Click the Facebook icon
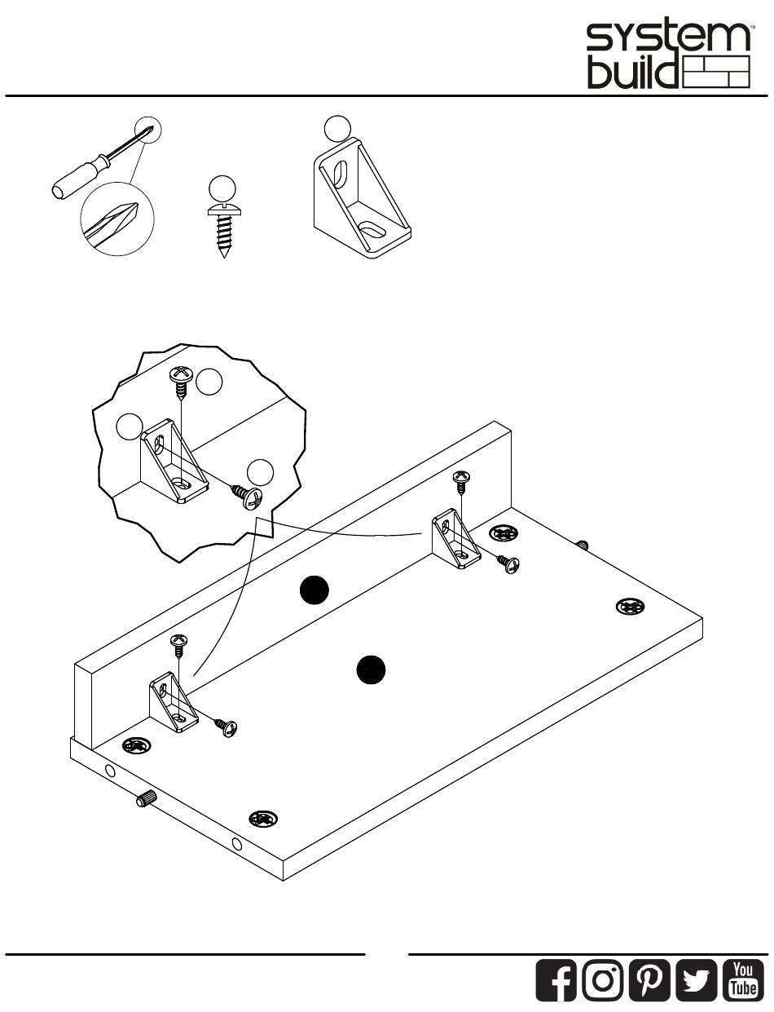pos(556,980)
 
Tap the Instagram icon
pos(603,980)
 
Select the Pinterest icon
pos(650,980)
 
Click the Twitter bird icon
pos(697,980)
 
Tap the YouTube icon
pos(743,980)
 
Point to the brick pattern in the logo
pos(716,72)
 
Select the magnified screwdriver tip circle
pos(117,219)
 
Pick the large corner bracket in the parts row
pos(362,198)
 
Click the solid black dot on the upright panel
pos(314,590)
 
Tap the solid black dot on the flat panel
pos(371,670)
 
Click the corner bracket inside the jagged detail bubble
pos(174,461)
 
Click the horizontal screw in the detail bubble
pos(248,497)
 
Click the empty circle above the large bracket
pos(337,129)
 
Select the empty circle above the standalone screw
pos(222,188)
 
